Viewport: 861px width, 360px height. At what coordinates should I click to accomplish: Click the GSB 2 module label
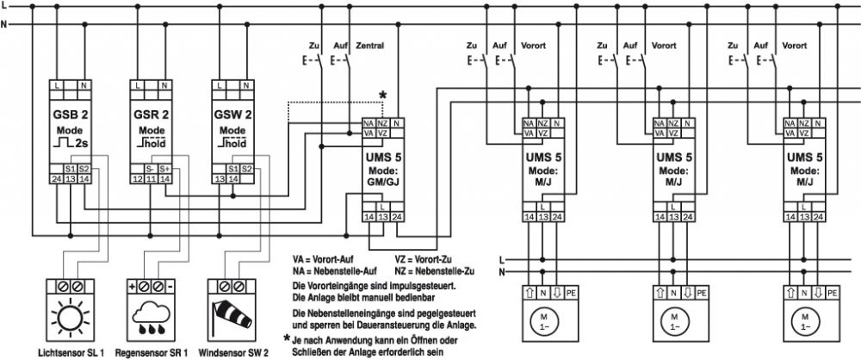click(70, 115)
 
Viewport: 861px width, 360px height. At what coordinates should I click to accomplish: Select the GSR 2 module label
click(152, 115)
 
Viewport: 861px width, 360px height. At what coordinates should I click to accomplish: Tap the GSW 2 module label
click(232, 115)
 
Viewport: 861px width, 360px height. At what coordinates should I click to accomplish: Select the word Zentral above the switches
click(370, 46)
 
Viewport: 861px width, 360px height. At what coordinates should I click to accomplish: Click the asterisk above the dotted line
click(383, 95)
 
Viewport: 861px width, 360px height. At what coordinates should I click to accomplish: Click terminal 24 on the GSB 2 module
click(56, 178)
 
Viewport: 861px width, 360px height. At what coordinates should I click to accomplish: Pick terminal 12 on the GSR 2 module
click(137, 178)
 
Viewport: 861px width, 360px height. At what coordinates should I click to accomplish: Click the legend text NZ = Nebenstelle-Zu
click(434, 271)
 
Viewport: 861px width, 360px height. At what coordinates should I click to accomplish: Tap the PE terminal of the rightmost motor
click(833, 293)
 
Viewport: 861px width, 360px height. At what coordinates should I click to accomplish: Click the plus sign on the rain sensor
click(132, 286)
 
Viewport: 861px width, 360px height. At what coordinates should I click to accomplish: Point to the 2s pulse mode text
click(81, 144)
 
